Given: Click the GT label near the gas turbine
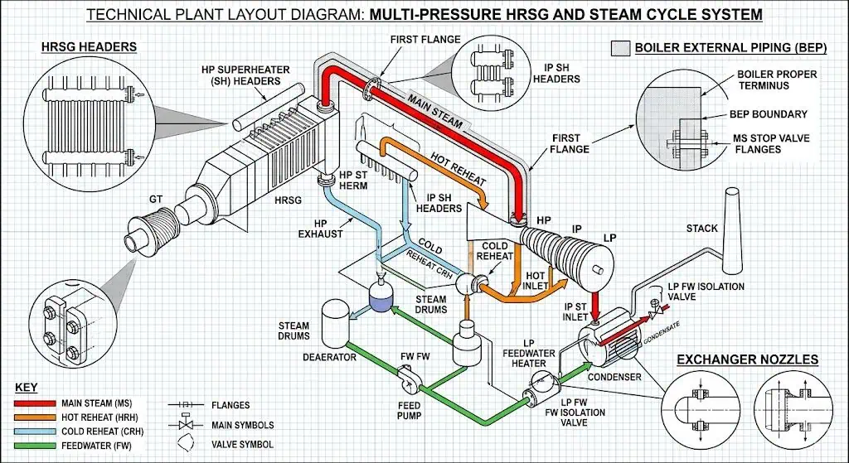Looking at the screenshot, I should pos(155,200).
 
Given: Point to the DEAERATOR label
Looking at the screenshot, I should pos(329,358).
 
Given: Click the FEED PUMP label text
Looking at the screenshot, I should pos(408,411).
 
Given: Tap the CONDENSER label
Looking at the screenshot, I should pos(614,378).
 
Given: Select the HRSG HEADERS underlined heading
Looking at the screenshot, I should pos(89,46).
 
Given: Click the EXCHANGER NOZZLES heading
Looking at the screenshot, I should pos(748,359).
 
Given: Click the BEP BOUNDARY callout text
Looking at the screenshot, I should pos(768,114).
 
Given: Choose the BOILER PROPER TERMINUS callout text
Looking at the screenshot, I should pos(776,80).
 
